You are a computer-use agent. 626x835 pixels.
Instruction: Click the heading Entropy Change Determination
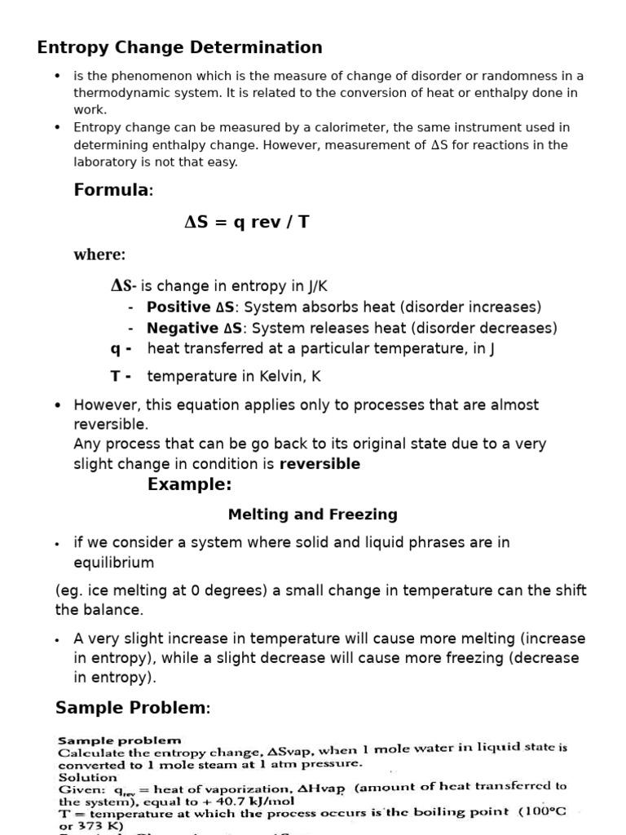point(179,47)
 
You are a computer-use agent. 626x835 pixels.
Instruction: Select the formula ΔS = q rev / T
point(247,223)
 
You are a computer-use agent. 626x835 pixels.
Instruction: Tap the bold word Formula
point(112,190)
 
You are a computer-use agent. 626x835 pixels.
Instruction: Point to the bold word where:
point(99,254)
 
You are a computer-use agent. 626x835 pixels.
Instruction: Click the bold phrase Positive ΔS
point(191,307)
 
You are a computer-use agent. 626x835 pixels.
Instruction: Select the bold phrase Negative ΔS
point(194,329)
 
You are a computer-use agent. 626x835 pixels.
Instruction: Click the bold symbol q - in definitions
point(121,349)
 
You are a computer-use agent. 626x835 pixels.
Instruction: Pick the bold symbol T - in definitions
point(121,376)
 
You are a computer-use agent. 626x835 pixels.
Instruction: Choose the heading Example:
point(189,485)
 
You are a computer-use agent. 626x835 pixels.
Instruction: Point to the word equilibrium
point(113,563)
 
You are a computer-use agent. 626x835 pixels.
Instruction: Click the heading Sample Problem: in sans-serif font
point(132,708)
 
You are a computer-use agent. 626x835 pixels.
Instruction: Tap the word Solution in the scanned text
point(87,777)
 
